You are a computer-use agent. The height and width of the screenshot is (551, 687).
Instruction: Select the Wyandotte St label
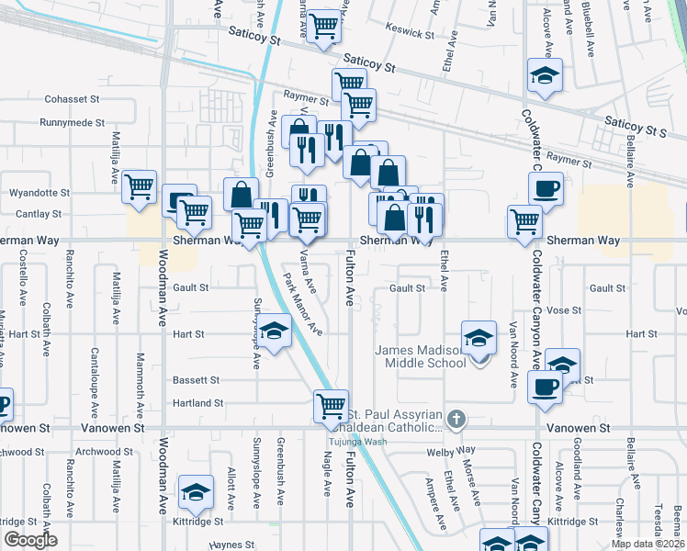(39, 193)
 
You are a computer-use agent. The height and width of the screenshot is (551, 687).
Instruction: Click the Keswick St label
(410, 32)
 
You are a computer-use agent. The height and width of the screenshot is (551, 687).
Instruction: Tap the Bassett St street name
(196, 379)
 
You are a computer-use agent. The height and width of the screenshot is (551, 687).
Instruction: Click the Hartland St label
(198, 402)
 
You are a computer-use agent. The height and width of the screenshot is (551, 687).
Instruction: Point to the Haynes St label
(231, 545)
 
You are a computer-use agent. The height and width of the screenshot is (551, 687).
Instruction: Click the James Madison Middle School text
(422, 355)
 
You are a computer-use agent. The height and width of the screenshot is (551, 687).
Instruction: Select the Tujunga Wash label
(357, 442)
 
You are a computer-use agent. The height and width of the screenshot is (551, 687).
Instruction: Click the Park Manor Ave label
(302, 303)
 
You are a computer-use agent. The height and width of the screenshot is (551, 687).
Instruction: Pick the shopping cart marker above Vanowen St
(330, 405)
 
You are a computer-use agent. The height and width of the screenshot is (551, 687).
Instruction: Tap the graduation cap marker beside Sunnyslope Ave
(273, 332)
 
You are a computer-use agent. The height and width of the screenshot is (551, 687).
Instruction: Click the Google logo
(29, 540)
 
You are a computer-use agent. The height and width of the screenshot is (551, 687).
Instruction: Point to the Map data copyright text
(648, 544)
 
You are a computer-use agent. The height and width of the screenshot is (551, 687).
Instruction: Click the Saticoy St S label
(635, 126)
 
